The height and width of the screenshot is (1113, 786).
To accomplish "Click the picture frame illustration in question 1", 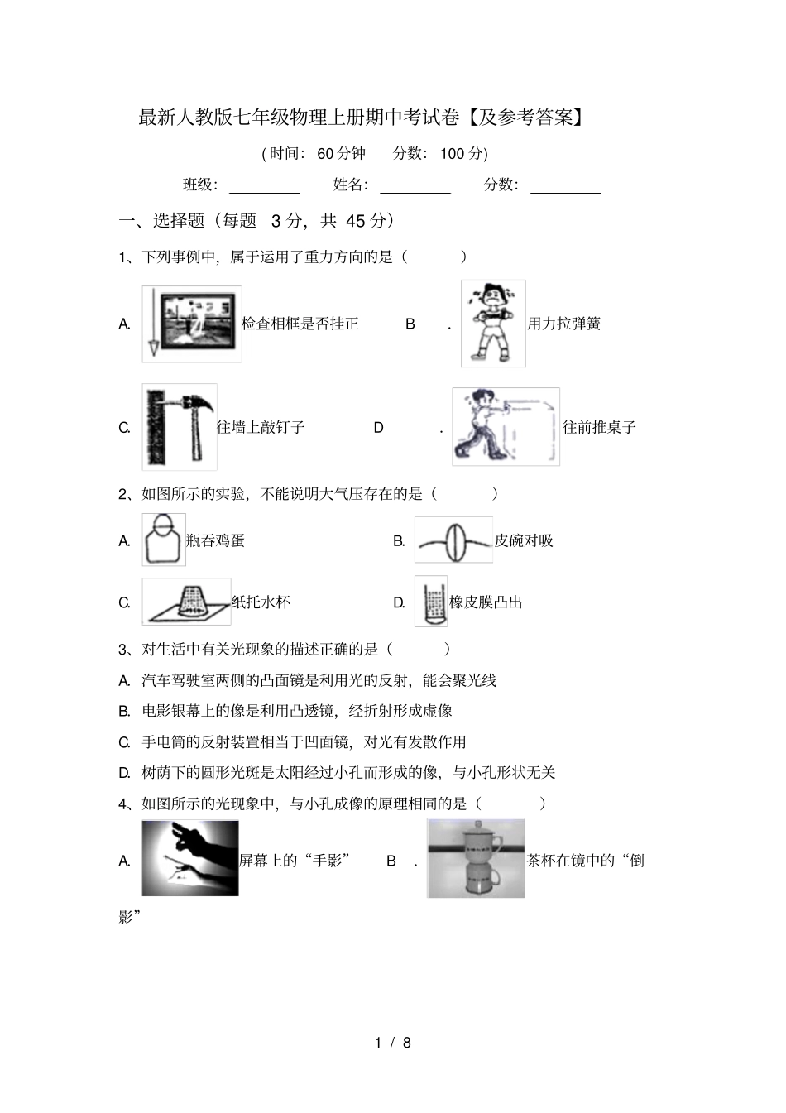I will [x=192, y=324].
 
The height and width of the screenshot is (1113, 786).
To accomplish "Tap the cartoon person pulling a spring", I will [x=493, y=324].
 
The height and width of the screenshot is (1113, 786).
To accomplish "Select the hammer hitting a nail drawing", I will [x=180, y=427].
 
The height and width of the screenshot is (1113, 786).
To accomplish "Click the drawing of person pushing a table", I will [x=506, y=427].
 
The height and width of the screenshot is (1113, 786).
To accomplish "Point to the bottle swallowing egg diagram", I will [x=164, y=540].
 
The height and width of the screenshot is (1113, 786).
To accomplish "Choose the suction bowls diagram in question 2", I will [x=453, y=540].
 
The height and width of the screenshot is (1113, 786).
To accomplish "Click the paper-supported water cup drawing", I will [x=186, y=602].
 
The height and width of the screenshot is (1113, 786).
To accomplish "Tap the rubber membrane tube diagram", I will [x=431, y=602].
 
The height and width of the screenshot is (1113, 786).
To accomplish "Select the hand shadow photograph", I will [x=190, y=858].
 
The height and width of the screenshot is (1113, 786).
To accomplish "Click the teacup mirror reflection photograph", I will [x=476, y=858].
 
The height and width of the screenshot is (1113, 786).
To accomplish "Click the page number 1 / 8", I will [x=393, y=1043].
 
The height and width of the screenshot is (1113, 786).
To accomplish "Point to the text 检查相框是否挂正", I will [x=300, y=324].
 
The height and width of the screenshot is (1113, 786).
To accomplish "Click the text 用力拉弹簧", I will [x=564, y=324].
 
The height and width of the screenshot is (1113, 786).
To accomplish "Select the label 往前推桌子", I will [x=600, y=428].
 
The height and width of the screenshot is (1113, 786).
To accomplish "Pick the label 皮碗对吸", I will [x=524, y=541].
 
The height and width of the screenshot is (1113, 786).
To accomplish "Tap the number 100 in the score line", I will [x=453, y=153].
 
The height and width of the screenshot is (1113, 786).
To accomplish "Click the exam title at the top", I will [x=362, y=118].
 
